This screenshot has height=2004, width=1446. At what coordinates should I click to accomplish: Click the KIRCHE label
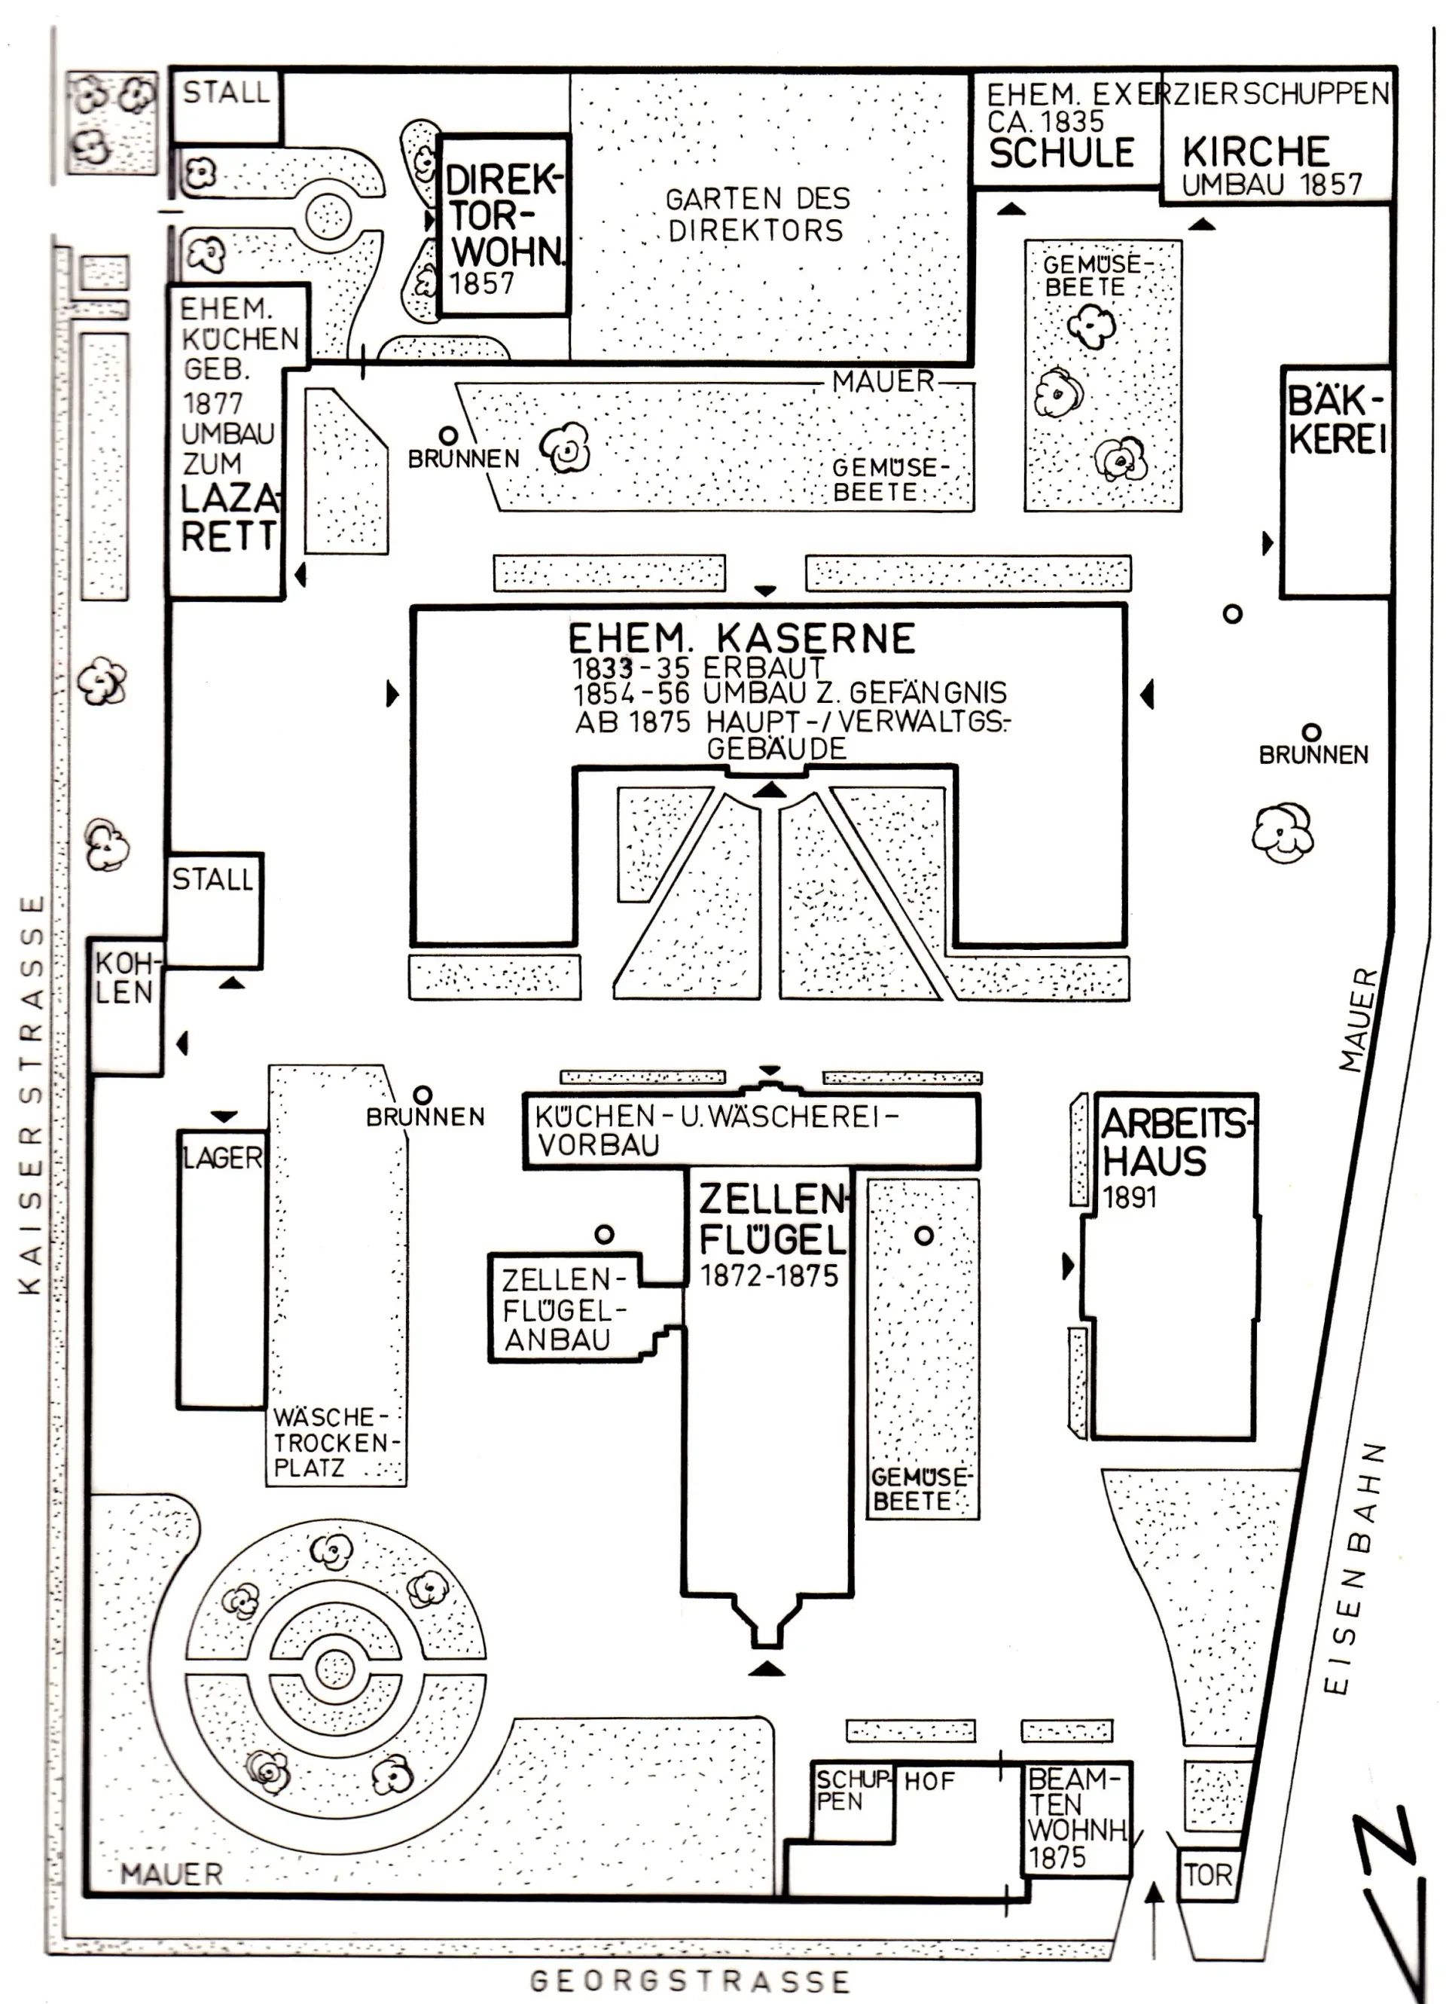pos(1255,151)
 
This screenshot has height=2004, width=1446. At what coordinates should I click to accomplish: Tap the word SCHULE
pos(1061,153)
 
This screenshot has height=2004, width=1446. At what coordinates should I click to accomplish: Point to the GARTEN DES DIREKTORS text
pos(757,215)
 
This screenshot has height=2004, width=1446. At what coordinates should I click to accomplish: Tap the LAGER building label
pos(223,1157)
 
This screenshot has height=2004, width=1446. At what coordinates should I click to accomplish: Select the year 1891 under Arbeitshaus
pos(1130,1198)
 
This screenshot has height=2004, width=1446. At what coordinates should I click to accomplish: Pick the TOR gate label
pos(1207,1875)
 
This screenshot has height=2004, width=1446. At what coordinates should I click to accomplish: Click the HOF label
pos(929,1781)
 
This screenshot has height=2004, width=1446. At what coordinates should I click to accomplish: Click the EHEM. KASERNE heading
pos(741,638)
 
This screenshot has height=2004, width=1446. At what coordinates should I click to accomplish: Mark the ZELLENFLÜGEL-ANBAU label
pos(563,1309)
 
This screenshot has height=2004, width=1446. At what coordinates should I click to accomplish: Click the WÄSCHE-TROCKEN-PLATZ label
pos(336,1442)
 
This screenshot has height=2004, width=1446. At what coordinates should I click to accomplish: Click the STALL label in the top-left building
pos(225,92)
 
